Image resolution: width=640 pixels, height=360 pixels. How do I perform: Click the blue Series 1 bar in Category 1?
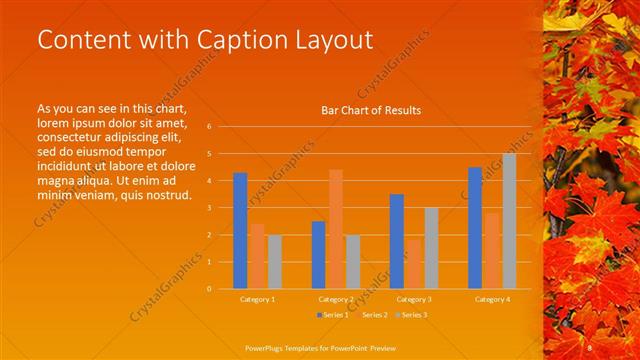pos(240,230)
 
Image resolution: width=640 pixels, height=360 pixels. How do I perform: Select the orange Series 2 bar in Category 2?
pos(336,229)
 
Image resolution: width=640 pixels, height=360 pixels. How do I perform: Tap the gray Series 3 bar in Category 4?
pos(509,221)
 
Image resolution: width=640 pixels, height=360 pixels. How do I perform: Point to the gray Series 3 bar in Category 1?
pos(274,261)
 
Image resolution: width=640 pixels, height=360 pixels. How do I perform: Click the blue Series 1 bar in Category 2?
pos(318,254)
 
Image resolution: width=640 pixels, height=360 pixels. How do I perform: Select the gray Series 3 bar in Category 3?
pos(431,248)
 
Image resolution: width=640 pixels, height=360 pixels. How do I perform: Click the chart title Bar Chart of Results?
pos(370,110)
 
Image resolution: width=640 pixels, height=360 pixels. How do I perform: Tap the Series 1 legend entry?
pos(333,315)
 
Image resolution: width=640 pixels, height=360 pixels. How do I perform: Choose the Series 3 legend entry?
pos(413,315)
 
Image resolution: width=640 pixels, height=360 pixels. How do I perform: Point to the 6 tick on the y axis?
pos(209,127)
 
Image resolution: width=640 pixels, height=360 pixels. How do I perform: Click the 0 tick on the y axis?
pos(209,288)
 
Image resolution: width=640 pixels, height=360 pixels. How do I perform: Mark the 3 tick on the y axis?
pos(209,208)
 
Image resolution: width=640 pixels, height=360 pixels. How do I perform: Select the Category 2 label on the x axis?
pos(336,299)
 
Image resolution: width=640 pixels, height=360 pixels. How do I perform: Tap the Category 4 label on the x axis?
pos(492,299)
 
